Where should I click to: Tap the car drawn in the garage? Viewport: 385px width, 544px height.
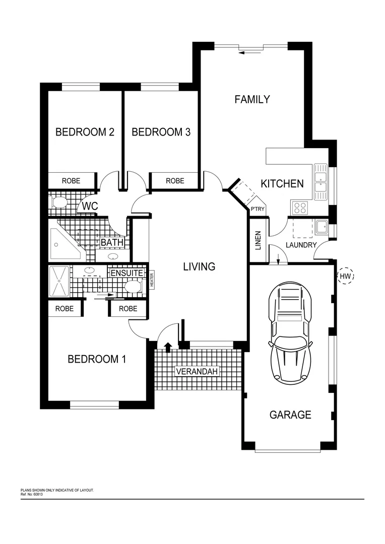click(290, 332)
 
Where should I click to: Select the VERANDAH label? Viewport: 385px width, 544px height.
click(197, 372)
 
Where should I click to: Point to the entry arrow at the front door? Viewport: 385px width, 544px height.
click(167, 346)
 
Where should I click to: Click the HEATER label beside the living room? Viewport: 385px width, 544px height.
click(151, 280)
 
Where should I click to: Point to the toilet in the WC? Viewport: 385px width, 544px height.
click(59, 203)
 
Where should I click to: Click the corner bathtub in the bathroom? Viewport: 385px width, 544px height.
click(65, 243)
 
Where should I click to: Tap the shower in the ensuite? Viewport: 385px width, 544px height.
click(58, 281)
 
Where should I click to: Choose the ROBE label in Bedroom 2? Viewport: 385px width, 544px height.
click(71, 180)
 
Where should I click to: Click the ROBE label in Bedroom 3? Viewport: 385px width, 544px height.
click(175, 180)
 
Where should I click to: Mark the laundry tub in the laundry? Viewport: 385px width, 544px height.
click(322, 227)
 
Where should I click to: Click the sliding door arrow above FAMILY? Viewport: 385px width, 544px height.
click(247, 51)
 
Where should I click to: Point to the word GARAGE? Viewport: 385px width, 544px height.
click(290, 415)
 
